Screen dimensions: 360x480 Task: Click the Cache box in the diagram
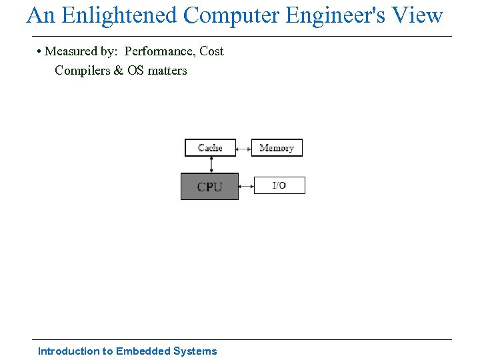[x=210, y=147]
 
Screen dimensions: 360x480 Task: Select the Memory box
[x=277, y=147]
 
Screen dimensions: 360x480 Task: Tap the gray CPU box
[x=209, y=187]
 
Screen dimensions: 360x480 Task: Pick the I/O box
[x=279, y=185]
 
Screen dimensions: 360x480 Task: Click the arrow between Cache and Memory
[x=243, y=148]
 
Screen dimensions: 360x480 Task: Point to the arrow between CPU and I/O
[x=246, y=186]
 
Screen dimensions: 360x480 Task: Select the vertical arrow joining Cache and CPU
[x=210, y=165]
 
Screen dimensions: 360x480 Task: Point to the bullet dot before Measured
[x=40, y=51]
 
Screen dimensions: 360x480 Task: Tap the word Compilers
[x=83, y=70]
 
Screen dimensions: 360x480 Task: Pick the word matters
[x=167, y=70]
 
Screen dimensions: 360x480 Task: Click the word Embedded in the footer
[x=143, y=351]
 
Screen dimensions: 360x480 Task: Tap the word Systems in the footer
[x=195, y=351]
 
